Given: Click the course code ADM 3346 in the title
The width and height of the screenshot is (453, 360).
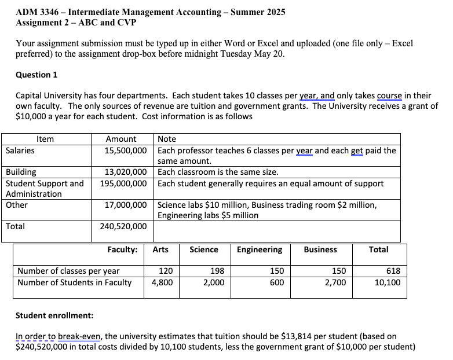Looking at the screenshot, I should pos(39,12).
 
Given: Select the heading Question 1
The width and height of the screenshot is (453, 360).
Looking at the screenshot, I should pos(36,75).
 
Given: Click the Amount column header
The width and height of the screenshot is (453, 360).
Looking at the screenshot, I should pos(121,139).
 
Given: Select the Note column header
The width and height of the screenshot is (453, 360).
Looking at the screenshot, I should pos(167,139).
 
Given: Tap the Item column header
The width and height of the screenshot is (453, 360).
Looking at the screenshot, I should pos(45,139).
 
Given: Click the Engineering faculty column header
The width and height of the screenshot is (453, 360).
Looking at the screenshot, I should pos(260,249).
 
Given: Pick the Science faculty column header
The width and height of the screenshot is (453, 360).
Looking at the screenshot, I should pos(204,249).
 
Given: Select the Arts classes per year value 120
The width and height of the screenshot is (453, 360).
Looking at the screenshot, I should pos(166,271).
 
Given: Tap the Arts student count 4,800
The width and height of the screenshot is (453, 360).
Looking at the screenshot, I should pos(162,282).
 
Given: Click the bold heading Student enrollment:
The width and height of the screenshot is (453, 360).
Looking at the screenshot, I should pos(54,315).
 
